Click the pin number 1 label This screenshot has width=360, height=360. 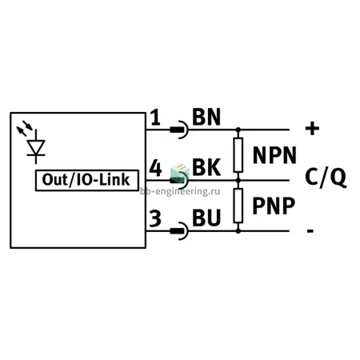155,118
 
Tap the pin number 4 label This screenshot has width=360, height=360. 155,168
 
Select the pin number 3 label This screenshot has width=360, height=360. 155,218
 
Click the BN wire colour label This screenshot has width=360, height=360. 206,117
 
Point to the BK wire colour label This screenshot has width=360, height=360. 206,167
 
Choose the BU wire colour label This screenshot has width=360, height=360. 206,218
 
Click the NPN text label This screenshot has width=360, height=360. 274,155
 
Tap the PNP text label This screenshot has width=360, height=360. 274,206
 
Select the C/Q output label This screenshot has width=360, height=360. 326,177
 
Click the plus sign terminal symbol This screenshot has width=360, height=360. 312,129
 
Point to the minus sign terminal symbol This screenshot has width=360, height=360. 310,231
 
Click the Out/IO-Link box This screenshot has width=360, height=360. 87,180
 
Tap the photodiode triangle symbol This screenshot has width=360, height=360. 36,147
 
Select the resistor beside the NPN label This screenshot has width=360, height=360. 238,155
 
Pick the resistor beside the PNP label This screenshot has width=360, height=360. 238,206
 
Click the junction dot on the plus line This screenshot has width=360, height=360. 238,130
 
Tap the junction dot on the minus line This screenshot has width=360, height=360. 238,231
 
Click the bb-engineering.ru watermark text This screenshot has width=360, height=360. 180,191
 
